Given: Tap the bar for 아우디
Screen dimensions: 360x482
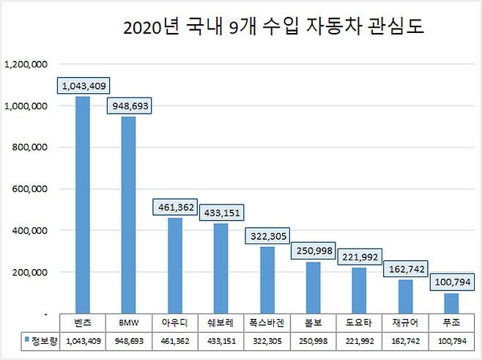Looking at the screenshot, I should (174, 265).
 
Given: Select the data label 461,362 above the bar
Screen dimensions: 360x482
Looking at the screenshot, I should (174, 207).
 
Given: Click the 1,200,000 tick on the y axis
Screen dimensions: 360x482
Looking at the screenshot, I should (27, 64).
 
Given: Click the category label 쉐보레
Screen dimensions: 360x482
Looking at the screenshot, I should (220, 322).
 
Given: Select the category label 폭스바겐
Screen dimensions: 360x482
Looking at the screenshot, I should (267, 322).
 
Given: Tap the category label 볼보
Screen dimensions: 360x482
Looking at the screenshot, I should (314, 322).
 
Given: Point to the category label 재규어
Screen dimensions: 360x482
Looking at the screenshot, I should (405, 322).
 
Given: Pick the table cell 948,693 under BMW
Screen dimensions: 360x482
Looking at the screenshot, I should (129, 340).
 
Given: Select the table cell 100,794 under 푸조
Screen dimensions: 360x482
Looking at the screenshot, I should (451, 340).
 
